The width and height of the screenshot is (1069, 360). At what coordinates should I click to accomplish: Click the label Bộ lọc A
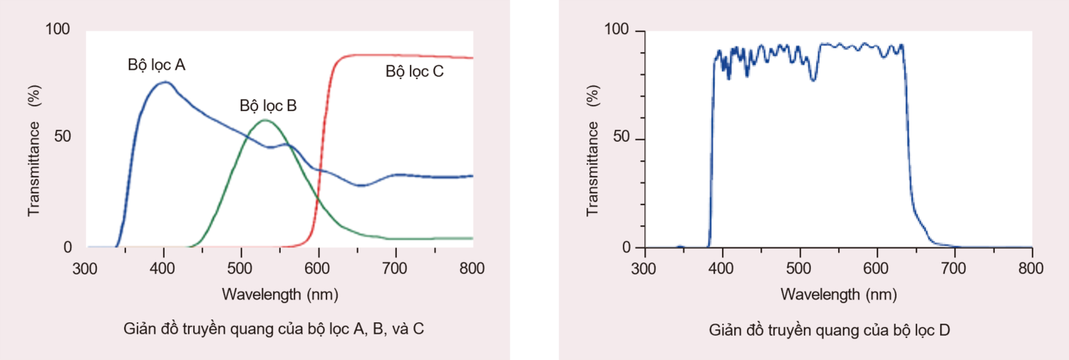pos(157,65)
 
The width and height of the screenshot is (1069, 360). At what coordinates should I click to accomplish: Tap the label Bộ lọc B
pos(268,106)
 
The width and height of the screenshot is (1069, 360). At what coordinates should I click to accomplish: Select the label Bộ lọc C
pos(415,71)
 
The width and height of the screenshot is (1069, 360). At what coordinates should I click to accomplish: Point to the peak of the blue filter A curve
pos(165,82)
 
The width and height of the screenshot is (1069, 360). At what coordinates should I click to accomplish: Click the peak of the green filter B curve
pos(265,120)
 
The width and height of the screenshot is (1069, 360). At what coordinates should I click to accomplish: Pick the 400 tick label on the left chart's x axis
pos(164,268)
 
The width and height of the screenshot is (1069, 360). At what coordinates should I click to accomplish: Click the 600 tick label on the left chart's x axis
pos(319,268)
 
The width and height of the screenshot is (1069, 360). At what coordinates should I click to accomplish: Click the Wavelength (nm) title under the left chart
pos(280,294)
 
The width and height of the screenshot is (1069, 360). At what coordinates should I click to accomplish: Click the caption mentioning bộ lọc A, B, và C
pos(274,329)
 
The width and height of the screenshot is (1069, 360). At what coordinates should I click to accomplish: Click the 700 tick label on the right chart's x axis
pos(954,268)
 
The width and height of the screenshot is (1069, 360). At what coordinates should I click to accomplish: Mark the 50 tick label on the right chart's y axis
pos(623,139)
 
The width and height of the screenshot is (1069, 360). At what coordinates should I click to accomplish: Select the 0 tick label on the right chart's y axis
pos(628,248)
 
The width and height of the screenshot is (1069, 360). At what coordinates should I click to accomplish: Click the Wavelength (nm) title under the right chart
pos(839,294)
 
